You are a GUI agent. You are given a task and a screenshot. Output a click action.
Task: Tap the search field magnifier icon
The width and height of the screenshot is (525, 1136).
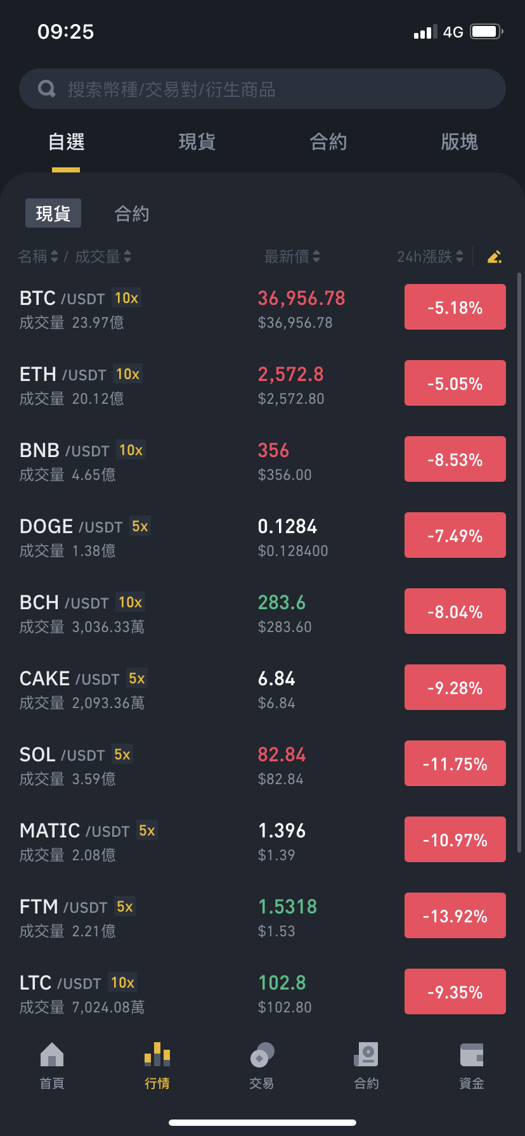[x=47, y=89]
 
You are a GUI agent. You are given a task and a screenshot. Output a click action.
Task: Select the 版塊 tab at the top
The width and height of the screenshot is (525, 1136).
[x=459, y=141]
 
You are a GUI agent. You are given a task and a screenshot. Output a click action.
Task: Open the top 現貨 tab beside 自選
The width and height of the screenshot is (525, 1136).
[x=197, y=141]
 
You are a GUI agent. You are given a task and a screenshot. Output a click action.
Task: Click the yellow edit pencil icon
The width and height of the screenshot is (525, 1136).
[x=495, y=256]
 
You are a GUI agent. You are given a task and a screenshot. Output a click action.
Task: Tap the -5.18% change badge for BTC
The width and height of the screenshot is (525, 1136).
[x=455, y=307]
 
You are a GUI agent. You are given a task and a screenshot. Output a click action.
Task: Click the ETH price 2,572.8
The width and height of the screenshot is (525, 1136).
[x=290, y=374]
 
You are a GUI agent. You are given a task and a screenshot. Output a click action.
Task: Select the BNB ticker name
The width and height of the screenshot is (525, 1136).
[x=39, y=450]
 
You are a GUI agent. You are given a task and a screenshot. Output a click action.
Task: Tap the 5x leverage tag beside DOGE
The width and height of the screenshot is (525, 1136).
[x=140, y=526]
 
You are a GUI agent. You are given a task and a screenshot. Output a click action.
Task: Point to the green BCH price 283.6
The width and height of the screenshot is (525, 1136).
[x=282, y=602]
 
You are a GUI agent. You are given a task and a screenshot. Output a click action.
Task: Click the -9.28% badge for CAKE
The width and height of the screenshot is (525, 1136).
[x=455, y=687]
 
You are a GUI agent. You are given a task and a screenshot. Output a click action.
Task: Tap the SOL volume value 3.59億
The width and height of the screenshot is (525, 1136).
[x=94, y=779]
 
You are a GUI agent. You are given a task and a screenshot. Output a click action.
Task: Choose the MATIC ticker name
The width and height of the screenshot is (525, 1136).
[x=49, y=830]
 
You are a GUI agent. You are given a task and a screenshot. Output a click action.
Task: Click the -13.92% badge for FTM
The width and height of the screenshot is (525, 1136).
[x=455, y=915]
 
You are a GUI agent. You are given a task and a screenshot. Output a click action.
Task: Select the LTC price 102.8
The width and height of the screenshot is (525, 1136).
[x=282, y=983]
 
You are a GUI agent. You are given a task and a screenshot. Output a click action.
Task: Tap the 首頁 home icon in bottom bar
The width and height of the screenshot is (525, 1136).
[x=52, y=1055]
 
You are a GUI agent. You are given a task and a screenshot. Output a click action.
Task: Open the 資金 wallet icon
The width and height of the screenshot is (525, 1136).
[x=472, y=1055]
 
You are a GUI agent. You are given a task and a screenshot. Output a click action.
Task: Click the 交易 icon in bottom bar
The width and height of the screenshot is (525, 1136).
[x=262, y=1055]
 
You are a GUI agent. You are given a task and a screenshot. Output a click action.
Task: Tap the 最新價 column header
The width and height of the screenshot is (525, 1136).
[x=292, y=256]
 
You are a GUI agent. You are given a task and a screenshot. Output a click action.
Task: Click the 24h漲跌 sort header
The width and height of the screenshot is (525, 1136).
[x=430, y=256]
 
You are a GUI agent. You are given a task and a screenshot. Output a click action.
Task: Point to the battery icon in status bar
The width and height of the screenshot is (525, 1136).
[x=487, y=32]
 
